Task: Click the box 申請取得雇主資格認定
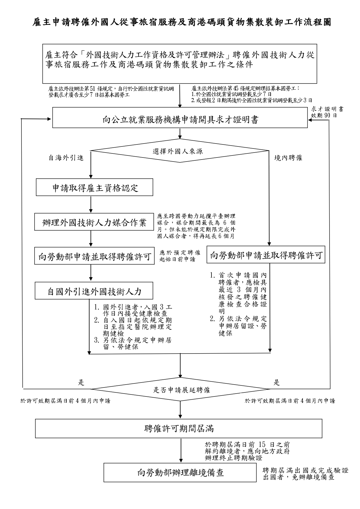[x=95, y=187]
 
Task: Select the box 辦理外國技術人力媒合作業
[x=95, y=222]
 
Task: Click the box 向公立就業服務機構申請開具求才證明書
[x=180, y=119]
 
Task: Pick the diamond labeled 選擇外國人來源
[x=180, y=151]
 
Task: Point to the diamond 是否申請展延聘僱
[x=180, y=390]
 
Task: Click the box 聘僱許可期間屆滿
[x=179, y=428]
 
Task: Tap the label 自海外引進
[x=66, y=158]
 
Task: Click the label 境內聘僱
[x=288, y=158]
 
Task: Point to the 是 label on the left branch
[x=81, y=383]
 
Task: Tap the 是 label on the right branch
[x=277, y=383]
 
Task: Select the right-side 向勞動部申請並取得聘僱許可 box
[x=266, y=255]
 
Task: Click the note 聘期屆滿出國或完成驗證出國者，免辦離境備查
[x=305, y=474]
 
